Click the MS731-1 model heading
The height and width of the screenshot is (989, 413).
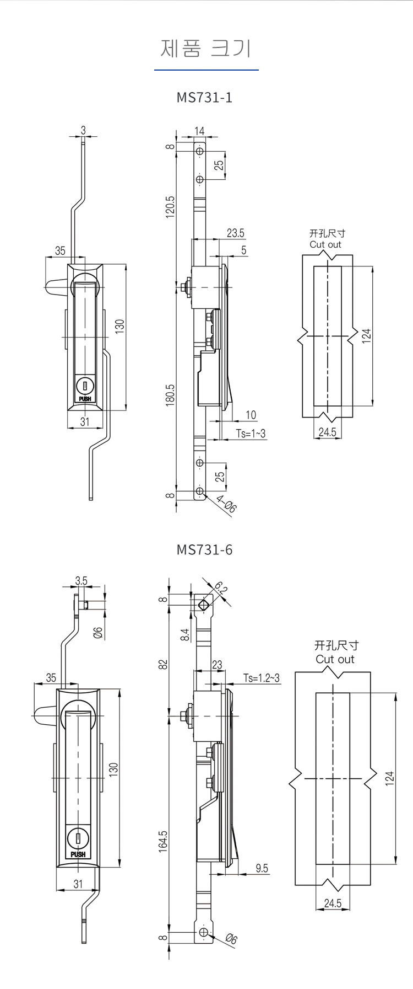(204, 98)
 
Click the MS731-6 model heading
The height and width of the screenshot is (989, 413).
(204, 550)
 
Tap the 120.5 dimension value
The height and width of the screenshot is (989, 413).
(170, 206)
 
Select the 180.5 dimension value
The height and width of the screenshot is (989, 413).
(170, 395)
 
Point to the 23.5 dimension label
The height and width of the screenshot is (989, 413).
(235, 233)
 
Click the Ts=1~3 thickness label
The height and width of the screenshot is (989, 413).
(251, 434)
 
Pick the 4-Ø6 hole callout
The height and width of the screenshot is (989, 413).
(226, 505)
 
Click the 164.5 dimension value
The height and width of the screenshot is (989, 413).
(164, 842)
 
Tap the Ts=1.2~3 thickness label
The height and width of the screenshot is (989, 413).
(262, 678)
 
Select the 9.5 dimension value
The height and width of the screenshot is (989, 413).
(262, 868)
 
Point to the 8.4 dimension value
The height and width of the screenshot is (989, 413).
(185, 635)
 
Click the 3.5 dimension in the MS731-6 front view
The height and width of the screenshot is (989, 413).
(81, 581)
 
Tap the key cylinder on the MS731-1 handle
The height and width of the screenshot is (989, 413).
(85, 384)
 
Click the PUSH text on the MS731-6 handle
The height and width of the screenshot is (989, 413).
(78, 855)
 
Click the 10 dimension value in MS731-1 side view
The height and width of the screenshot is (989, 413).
(251, 415)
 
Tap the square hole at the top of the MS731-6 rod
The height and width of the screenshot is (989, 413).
(204, 605)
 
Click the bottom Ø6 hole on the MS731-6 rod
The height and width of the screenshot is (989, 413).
(204, 932)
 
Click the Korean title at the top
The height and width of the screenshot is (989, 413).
(206, 49)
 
